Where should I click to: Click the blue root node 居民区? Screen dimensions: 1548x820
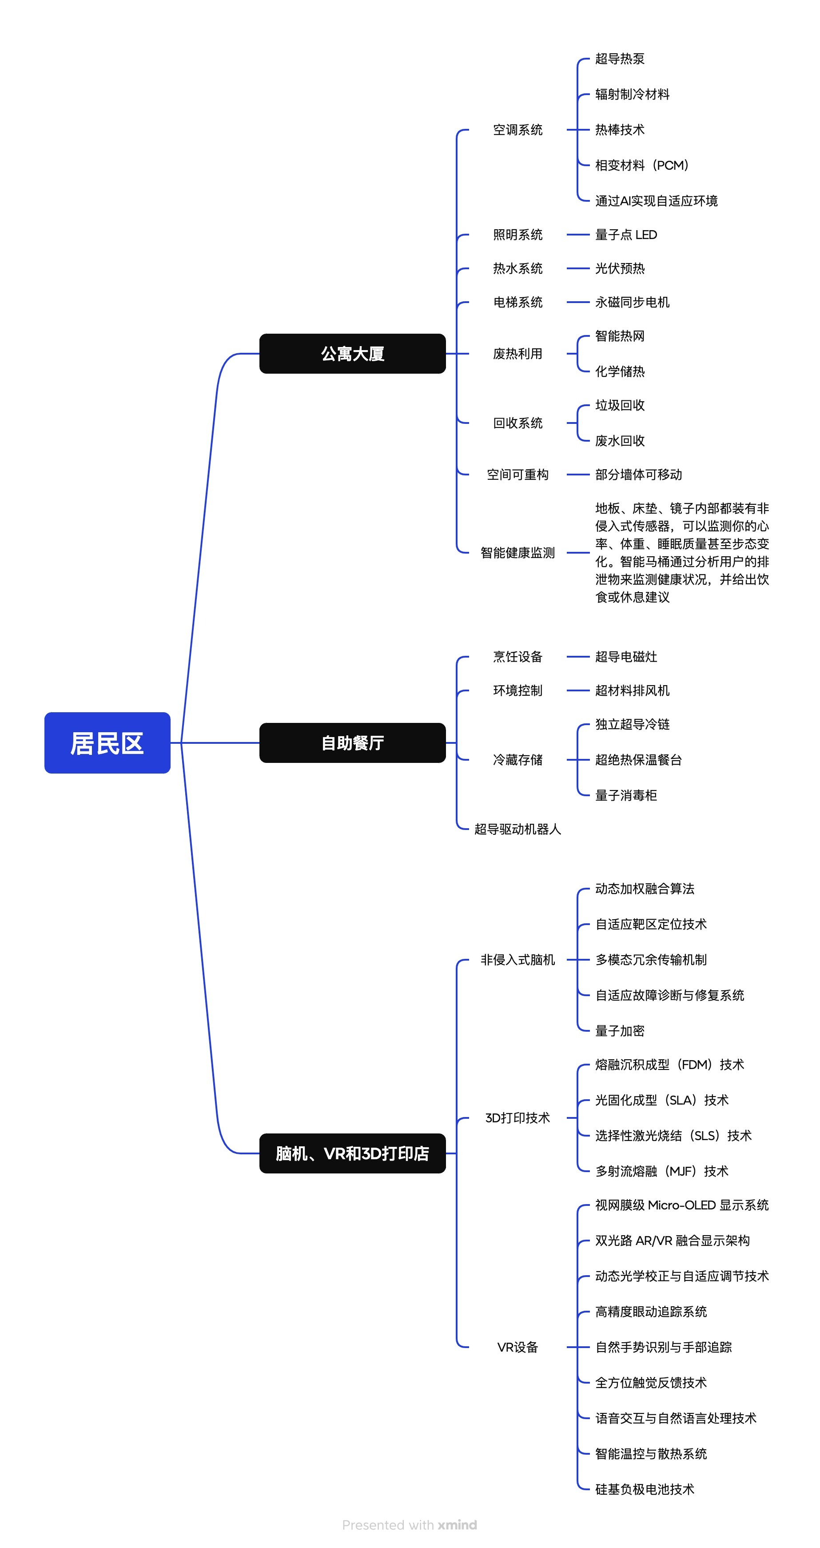(107, 743)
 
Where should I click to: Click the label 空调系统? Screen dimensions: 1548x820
(517, 130)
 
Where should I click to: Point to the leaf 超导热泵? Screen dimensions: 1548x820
(619, 59)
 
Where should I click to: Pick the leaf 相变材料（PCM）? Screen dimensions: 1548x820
(641, 165)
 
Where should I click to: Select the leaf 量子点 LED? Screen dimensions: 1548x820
(625, 235)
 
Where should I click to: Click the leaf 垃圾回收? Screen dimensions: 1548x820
(619, 406)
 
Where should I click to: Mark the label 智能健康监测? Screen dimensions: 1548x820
(517, 553)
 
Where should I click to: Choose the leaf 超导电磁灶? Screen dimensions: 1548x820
(625, 657)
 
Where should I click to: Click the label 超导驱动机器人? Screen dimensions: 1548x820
(517, 829)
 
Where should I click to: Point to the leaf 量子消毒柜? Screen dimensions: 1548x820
(625, 795)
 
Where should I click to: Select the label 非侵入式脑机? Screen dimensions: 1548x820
(517, 960)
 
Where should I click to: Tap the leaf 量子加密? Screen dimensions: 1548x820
(619, 1031)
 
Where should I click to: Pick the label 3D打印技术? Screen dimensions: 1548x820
(517, 1118)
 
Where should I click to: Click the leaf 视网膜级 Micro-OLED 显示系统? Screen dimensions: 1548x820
(681, 1205)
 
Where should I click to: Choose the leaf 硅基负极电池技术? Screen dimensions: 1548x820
(644, 1489)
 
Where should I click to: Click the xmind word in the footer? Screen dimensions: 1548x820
(457, 1524)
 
